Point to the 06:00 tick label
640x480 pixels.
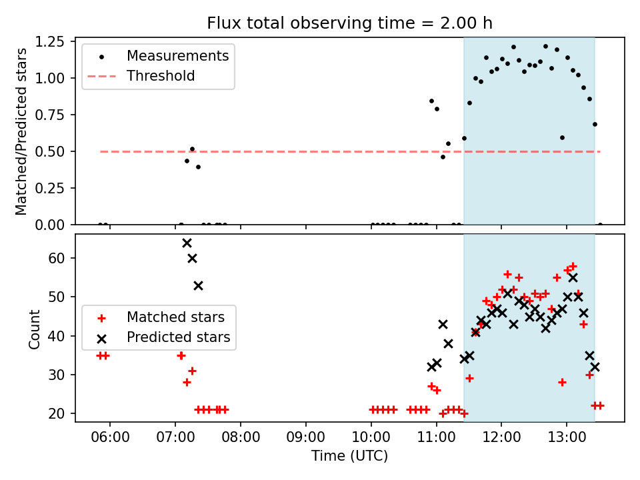click(x=110, y=437)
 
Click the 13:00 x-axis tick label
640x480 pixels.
click(x=567, y=437)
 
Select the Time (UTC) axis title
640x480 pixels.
click(x=350, y=456)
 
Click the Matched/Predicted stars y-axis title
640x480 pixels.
click(x=21, y=131)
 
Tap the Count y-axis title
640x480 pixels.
click(x=34, y=329)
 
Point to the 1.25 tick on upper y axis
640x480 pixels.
click(x=49, y=41)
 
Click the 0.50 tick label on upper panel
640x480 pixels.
click(x=49, y=151)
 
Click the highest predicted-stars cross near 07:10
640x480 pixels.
click(x=187, y=243)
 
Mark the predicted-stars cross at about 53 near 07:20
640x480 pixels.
click(x=199, y=286)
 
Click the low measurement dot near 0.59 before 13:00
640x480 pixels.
click(x=563, y=137)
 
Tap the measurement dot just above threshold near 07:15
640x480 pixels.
click(x=192, y=149)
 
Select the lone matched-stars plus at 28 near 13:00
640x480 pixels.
click(x=563, y=383)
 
